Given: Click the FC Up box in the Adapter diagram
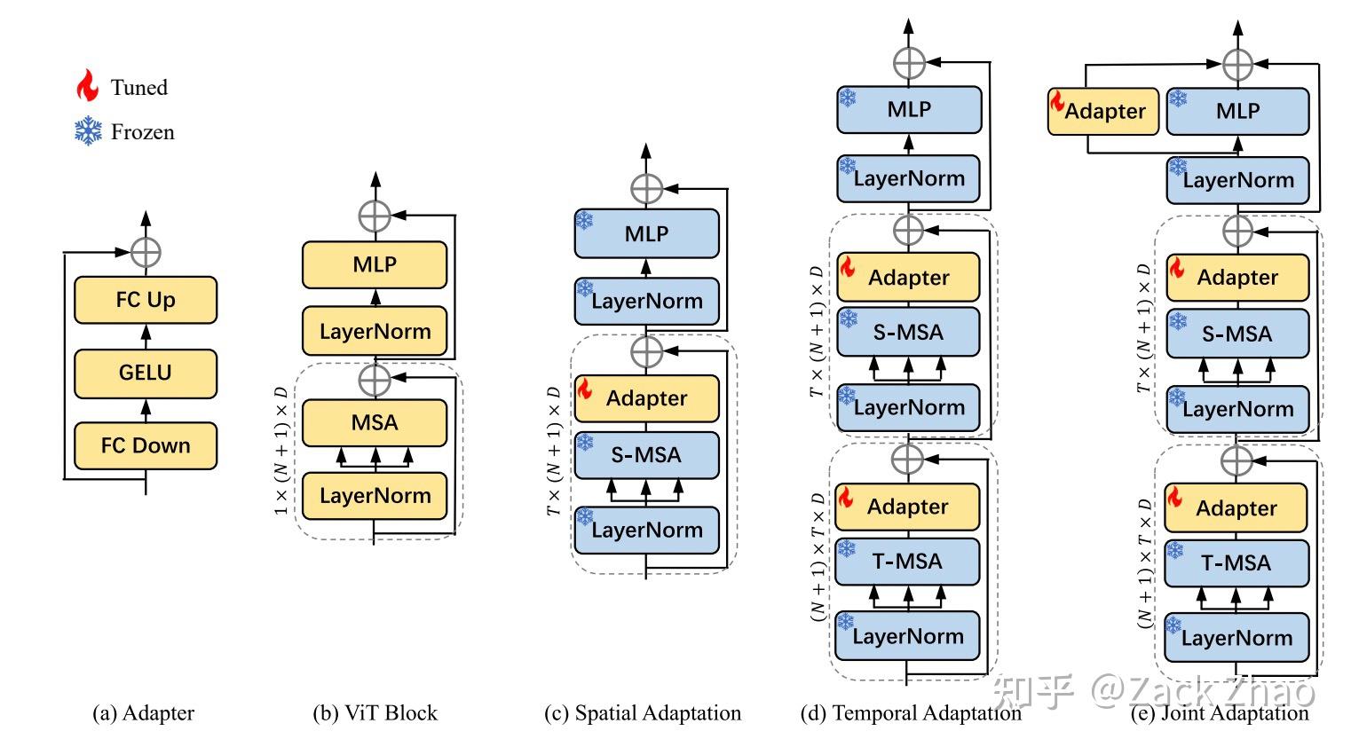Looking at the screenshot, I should (x=146, y=300).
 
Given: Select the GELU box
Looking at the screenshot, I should (x=146, y=373).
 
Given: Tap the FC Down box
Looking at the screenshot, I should (x=146, y=445).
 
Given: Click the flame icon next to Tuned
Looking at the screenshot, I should (x=87, y=86).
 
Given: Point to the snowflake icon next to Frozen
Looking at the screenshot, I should (x=88, y=132).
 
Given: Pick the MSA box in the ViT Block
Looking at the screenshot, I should (x=375, y=422).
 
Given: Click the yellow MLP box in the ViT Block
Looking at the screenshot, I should (x=375, y=264).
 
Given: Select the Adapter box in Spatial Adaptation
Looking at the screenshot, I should (x=646, y=398).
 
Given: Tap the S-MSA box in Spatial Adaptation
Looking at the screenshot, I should (x=646, y=455).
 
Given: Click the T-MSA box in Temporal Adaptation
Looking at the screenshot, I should (x=907, y=562).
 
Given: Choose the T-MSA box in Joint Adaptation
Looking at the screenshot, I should (x=1236, y=562).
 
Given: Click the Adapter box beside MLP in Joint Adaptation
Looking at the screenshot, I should (x=1103, y=111).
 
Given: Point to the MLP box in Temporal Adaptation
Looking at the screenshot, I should (x=909, y=110).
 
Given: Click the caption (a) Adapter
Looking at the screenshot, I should (x=143, y=713).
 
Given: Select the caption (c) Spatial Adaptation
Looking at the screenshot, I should (x=642, y=713).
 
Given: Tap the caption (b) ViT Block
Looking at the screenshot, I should (x=375, y=713).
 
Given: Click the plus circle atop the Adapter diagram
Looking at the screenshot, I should (x=146, y=252).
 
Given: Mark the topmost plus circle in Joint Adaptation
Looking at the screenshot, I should (x=1237, y=64).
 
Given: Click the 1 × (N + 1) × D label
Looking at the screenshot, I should (x=281, y=449).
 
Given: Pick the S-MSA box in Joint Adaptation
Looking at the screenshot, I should (x=1237, y=334).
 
